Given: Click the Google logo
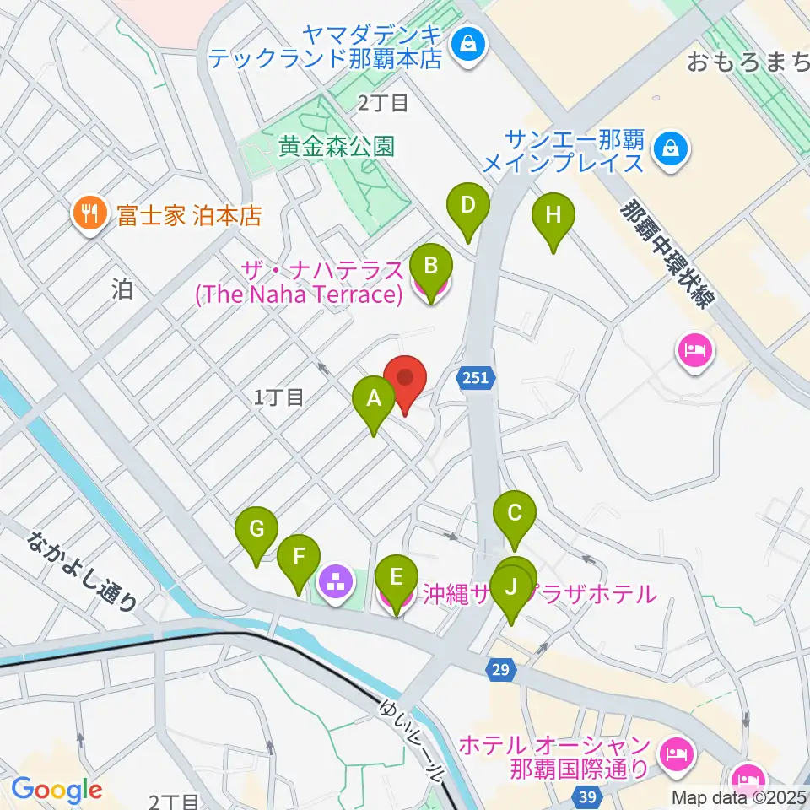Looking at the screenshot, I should pyautogui.click(x=57, y=791).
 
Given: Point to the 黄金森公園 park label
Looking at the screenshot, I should pyautogui.click(x=337, y=146).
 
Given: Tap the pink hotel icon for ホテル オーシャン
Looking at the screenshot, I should pyautogui.click(x=677, y=748).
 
